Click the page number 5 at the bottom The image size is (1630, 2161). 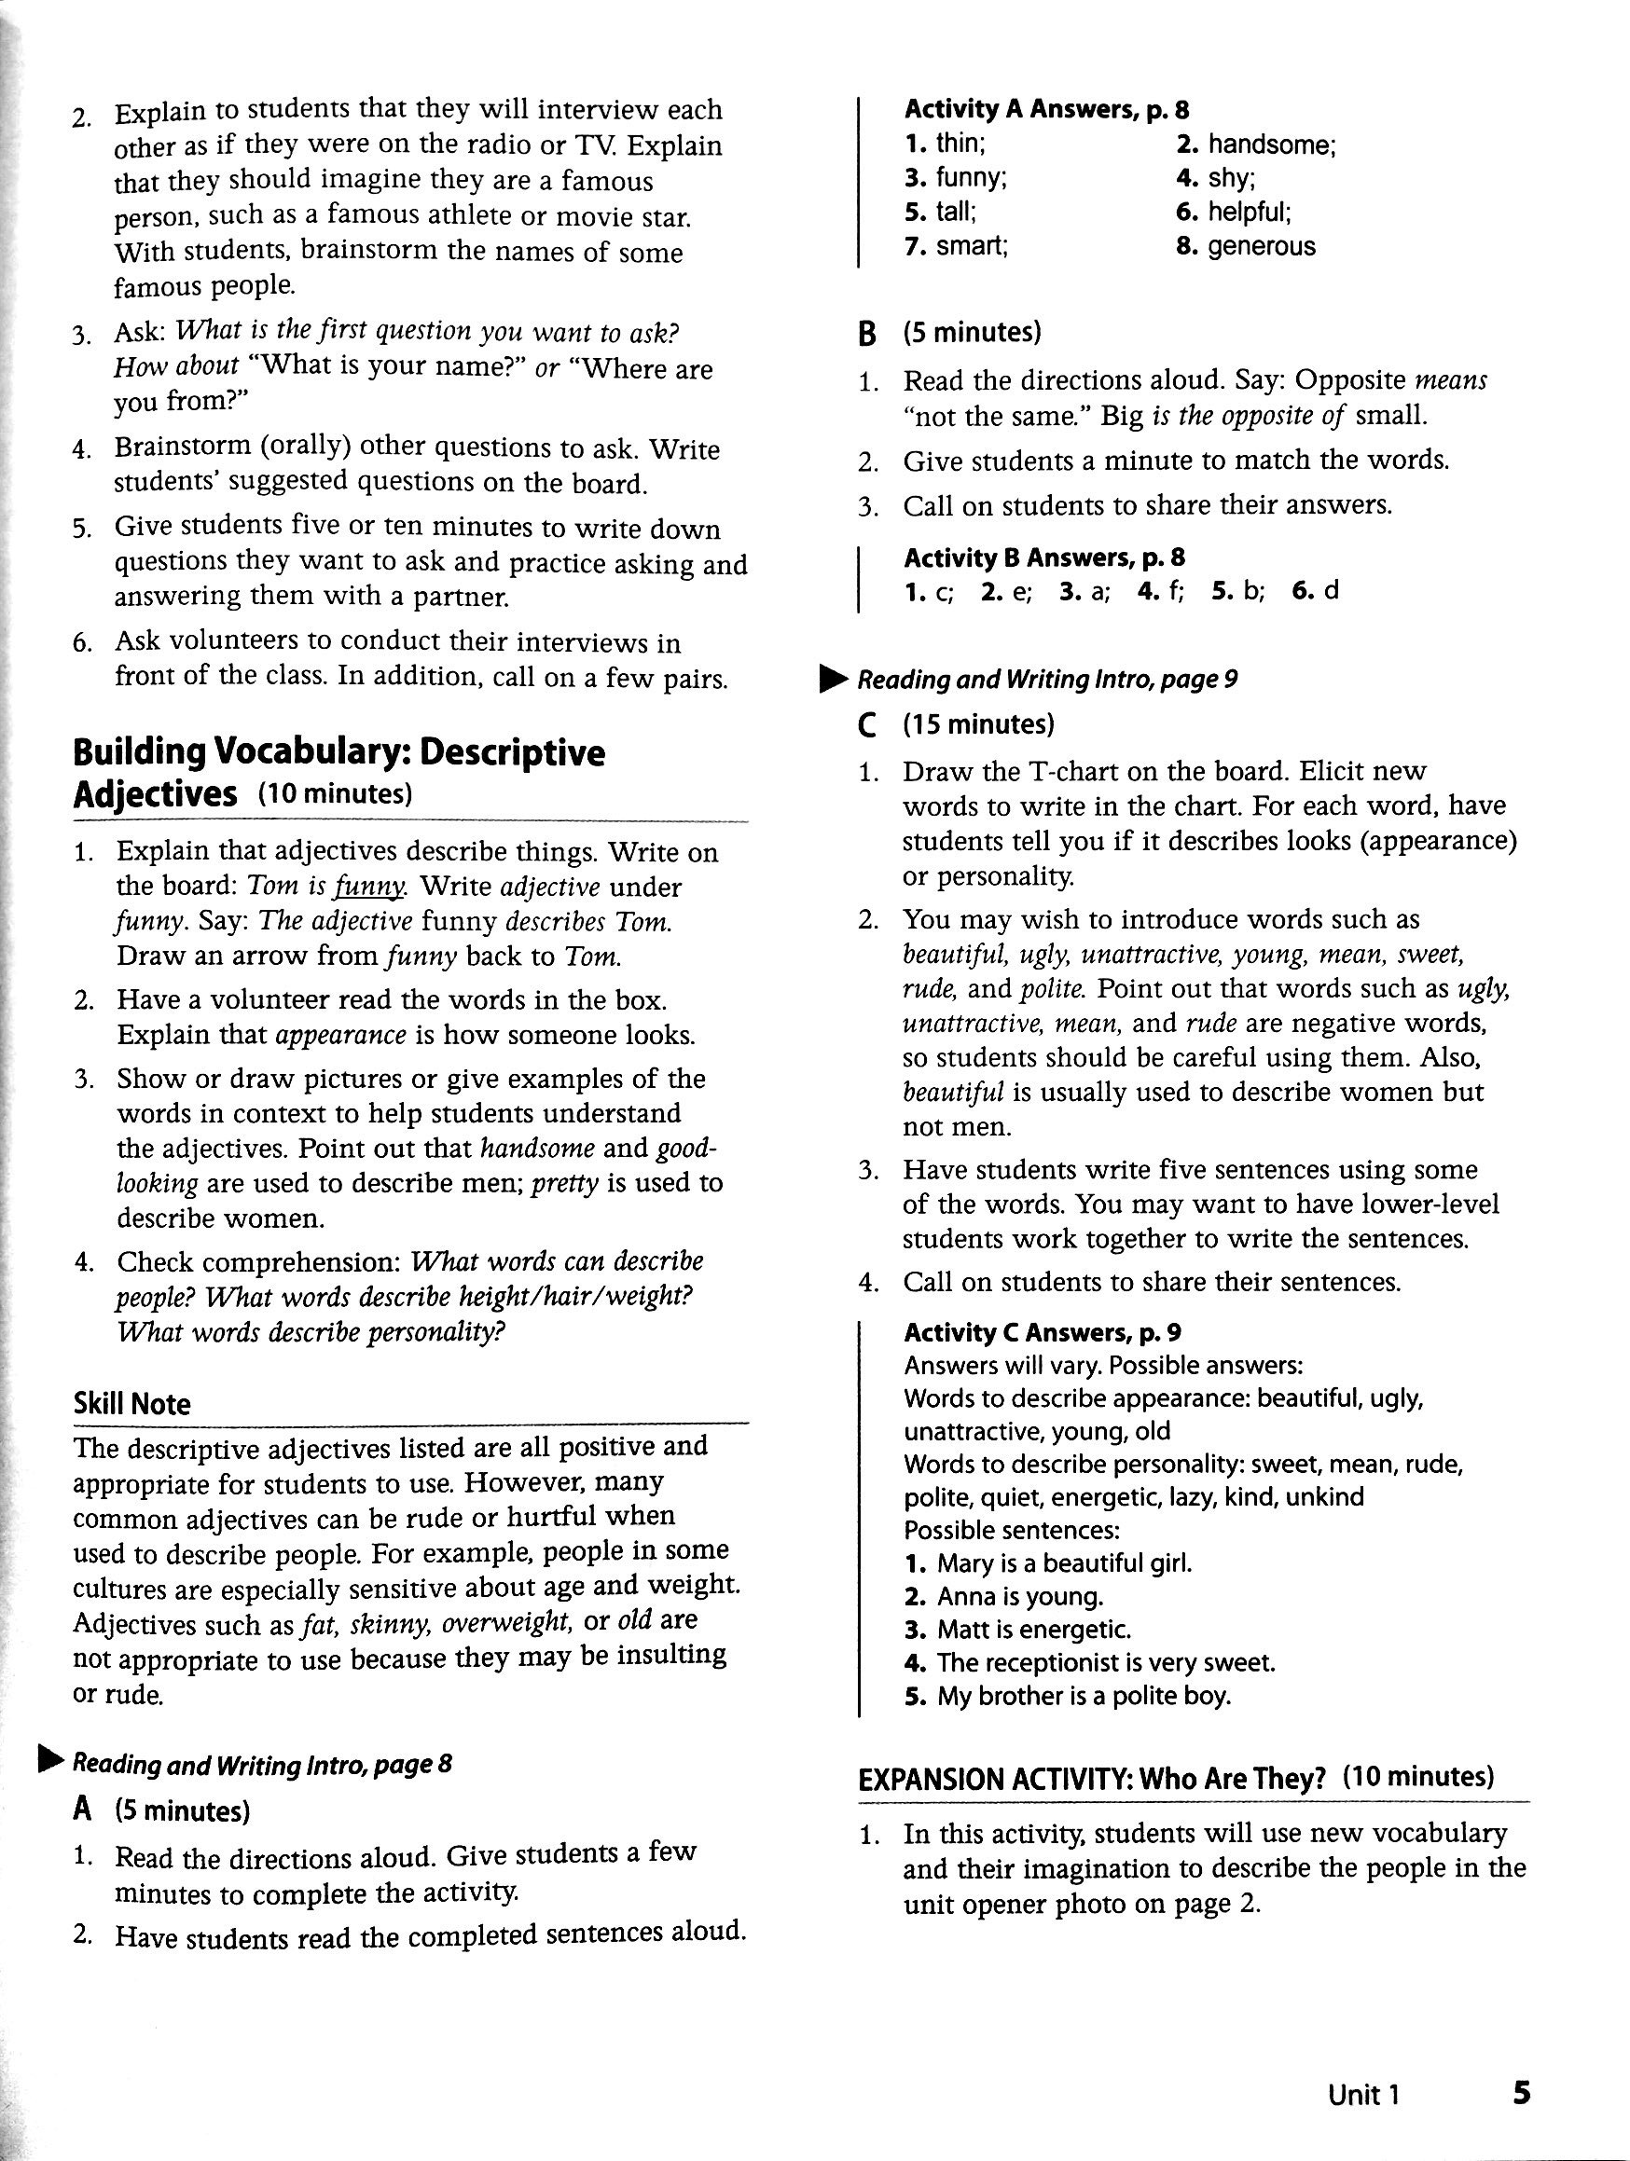pos(1521,2093)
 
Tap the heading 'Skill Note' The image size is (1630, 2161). pos(131,1404)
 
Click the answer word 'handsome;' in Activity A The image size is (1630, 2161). pos(1270,145)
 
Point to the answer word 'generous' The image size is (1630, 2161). pos(1261,246)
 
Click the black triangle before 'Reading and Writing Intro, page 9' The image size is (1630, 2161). pos(835,678)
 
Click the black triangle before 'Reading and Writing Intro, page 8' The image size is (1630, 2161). pos(49,1760)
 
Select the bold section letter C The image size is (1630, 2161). pos(865,726)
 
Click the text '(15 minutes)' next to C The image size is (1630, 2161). pos(979,724)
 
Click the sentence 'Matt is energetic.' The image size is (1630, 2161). pos(1033,1630)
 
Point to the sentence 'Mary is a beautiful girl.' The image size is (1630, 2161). pos(1063,1563)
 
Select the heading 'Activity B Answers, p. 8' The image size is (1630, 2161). pos(1043,557)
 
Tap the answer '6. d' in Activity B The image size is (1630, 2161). pos(1316,591)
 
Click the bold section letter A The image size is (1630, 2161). pos(82,1810)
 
